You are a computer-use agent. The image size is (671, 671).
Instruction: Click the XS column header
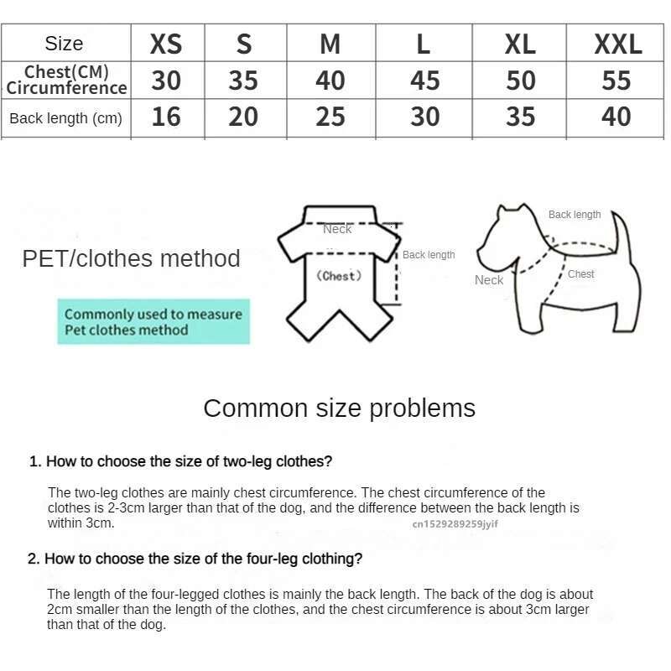tap(166, 44)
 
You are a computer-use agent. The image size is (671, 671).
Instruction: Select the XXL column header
tap(617, 44)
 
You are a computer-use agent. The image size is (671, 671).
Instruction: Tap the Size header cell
tap(65, 44)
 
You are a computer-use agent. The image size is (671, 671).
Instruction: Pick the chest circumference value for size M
tap(330, 81)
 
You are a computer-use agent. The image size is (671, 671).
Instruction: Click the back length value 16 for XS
tap(166, 117)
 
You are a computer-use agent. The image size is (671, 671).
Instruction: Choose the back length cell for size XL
tap(520, 117)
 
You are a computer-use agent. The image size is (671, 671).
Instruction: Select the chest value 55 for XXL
tap(616, 81)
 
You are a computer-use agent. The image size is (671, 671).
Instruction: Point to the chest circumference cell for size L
tap(424, 81)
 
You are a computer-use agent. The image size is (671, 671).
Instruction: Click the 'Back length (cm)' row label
tap(65, 118)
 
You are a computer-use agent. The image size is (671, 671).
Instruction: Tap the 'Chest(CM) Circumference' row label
tap(66, 80)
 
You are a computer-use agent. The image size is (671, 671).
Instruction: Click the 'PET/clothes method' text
tap(131, 258)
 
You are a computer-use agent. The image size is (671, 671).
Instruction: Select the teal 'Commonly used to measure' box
tap(153, 321)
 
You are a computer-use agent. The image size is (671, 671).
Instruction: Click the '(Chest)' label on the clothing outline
tap(339, 276)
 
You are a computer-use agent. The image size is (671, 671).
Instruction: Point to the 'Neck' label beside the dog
tap(489, 280)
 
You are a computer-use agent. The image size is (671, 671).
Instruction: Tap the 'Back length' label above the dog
tap(575, 215)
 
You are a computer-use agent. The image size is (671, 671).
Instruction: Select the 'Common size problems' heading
tap(339, 408)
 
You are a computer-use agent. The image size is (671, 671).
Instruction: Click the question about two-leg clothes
tap(181, 461)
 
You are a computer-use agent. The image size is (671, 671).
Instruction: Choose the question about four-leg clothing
tap(195, 559)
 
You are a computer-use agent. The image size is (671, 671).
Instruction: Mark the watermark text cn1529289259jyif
tap(455, 524)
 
